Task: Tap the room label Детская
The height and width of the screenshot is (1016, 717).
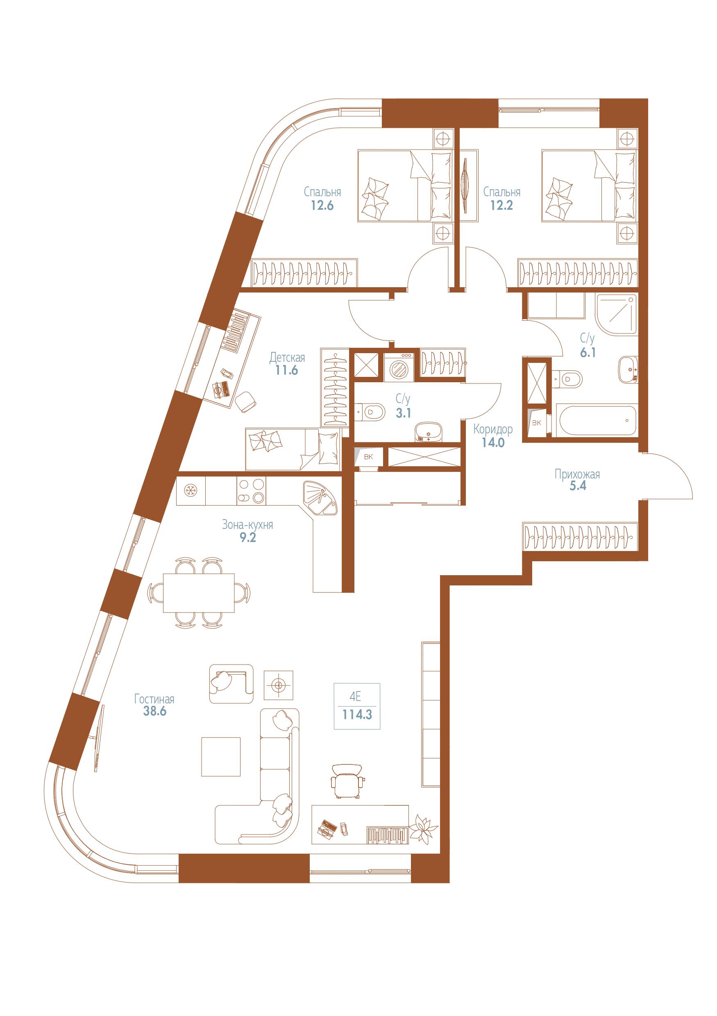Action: [x=287, y=357]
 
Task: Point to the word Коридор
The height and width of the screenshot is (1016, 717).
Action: [x=493, y=429]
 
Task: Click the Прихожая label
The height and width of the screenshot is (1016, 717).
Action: [x=577, y=475]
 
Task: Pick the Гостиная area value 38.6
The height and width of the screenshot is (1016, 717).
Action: [x=154, y=712]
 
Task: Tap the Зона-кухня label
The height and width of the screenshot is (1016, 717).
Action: [x=247, y=525]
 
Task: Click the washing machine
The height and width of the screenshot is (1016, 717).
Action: [x=399, y=367]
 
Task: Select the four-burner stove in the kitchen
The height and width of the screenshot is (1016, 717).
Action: [x=252, y=491]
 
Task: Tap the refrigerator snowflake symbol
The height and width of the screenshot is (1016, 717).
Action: [x=191, y=491]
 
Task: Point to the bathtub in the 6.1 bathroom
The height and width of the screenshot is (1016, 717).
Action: [x=594, y=420]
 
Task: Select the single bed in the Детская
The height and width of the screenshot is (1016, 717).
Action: [x=293, y=449]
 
